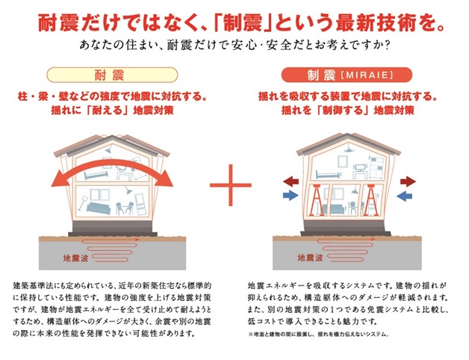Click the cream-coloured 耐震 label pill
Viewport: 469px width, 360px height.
pos(112,75)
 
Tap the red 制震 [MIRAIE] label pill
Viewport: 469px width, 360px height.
pos(347,75)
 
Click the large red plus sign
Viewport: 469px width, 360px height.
pos(231,185)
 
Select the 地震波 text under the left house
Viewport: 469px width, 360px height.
pos(75,258)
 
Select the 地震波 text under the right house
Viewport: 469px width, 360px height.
pos(310,258)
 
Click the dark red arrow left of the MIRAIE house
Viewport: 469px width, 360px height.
pos(291,181)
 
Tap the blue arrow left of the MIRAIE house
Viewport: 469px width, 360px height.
pos(291,196)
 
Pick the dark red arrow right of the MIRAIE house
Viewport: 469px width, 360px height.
pos(408,181)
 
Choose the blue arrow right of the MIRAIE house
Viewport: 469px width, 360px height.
pos(404,196)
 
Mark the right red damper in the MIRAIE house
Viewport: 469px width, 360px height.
pos(371,200)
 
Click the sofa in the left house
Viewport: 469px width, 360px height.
pos(99,208)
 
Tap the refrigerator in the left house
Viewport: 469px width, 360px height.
pos(140,204)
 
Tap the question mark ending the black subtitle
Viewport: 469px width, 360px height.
pos(387,46)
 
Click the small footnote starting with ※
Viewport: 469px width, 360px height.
pos(318,335)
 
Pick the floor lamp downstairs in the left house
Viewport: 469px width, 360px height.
pos(82,203)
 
